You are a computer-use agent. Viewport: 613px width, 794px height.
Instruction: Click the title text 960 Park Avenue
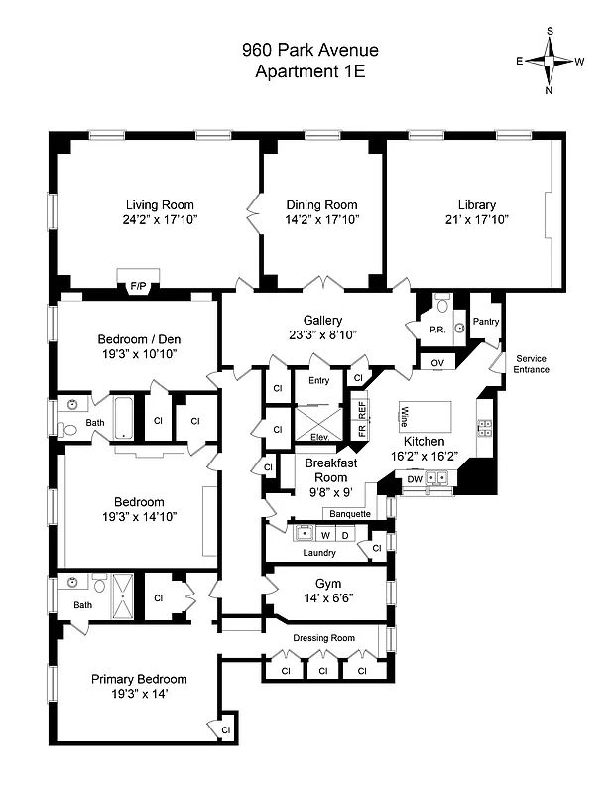point(310,50)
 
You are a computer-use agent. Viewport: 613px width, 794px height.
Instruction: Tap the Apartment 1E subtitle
point(310,71)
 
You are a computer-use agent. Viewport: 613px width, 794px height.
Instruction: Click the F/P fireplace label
point(137,287)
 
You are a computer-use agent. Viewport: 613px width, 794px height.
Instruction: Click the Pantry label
point(486,321)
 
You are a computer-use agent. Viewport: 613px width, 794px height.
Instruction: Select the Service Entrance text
point(531,363)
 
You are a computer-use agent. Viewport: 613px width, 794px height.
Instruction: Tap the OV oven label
point(437,363)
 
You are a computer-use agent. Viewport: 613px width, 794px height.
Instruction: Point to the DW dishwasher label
point(415,479)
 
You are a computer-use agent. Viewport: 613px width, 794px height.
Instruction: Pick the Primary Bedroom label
point(139,679)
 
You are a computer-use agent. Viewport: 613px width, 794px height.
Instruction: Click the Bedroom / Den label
point(139,338)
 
